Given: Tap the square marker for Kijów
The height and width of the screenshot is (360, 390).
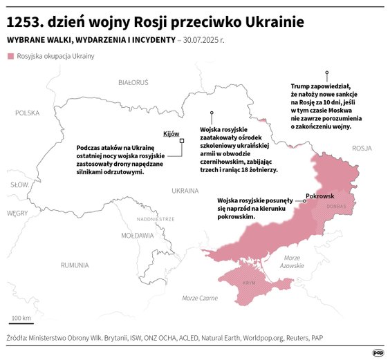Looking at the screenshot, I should [x=182, y=140].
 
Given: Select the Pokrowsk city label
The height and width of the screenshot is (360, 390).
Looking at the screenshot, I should [x=320, y=196].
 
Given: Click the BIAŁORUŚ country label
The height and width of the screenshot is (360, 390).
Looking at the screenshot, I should [x=134, y=82].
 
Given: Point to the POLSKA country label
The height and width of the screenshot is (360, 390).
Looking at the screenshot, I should [x=28, y=112].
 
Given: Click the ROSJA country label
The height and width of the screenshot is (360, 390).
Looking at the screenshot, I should [x=362, y=149].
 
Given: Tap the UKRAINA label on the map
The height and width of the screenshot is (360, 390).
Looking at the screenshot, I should [x=185, y=189].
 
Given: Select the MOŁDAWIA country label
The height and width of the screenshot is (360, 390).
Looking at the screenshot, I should [x=137, y=235].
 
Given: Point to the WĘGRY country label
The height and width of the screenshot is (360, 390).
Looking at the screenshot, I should [x=17, y=214].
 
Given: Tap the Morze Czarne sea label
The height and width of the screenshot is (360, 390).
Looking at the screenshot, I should [x=199, y=298].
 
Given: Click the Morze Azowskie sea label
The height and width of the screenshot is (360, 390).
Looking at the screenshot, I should [x=292, y=261].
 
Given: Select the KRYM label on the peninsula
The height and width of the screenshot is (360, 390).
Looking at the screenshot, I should [x=250, y=283].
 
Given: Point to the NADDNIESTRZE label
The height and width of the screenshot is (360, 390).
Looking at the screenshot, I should [x=156, y=218].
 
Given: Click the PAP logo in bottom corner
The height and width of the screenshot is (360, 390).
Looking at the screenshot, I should [x=378, y=352].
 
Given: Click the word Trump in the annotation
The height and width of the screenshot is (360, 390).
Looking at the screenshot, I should [x=301, y=86].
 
